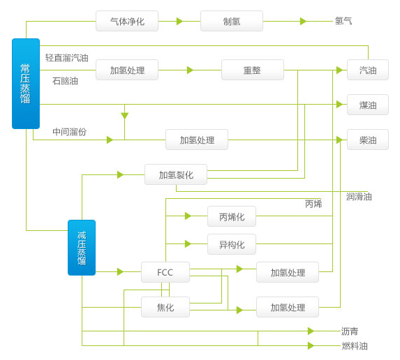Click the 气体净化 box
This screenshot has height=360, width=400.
(x=127, y=21)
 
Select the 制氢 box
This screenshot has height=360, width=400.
(x=232, y=21)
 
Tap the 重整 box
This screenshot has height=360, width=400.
(x=253, y=70)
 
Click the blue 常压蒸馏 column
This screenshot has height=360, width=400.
(x=26, y=84)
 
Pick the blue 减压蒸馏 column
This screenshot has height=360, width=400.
(x=82, y=248)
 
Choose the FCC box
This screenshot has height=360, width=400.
(x=165, y=272)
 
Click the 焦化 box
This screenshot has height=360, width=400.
(x=165, y=307)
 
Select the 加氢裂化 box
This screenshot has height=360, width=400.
(x=176, y=174)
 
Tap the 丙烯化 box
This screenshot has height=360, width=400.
(x=232, y=216)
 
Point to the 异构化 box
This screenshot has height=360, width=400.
(x=232, y=244)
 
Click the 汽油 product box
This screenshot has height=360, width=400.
(x=368, y=70)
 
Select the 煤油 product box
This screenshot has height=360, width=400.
(x=368, y=105)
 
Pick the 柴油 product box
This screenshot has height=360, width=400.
(x=368, y=140)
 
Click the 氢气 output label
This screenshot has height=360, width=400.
(x=343, y=21)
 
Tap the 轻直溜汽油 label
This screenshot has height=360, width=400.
(x=67, y=58)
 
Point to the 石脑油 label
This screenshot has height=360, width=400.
(x=65, y=81)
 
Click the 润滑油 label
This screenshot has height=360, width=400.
(x=359, y=197)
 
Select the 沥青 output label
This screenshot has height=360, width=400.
(x=350, y=331)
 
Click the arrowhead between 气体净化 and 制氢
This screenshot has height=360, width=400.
(x=179, y=21)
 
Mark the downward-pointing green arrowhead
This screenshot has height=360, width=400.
(x=124, y=116)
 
